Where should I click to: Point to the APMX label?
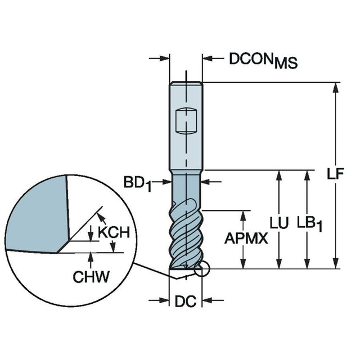[245, 238]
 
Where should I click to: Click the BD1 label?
[138, 183]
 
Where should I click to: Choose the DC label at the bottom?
[184, 302]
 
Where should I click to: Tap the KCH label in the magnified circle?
[114, 232]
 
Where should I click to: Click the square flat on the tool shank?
[186, 120]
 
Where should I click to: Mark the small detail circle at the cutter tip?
[201, 271]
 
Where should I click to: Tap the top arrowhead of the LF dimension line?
[336, 87]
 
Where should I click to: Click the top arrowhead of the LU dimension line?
[278, 174]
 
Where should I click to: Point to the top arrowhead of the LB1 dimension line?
[307, 174]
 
